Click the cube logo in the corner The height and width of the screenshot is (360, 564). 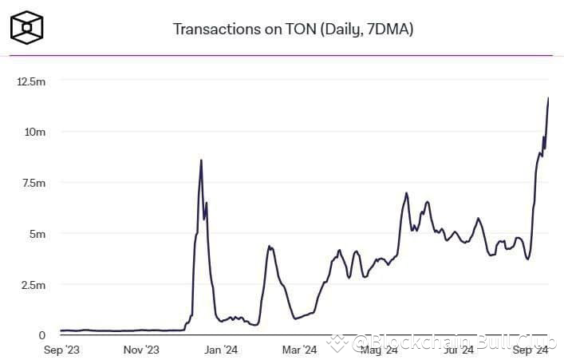27,27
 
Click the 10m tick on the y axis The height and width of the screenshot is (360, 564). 34,132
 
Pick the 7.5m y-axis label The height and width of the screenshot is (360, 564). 33,183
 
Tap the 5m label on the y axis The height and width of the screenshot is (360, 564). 37,234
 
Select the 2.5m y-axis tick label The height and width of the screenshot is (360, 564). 33,285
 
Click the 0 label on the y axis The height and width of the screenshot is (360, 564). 41,335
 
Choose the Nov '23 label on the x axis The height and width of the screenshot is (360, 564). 142,350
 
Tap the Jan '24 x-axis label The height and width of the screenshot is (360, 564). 221,350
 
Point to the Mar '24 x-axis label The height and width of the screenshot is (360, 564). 300,350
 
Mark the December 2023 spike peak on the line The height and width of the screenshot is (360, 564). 201,160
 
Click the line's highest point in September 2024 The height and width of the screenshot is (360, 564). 548,98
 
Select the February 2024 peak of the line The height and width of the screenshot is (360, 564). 270,246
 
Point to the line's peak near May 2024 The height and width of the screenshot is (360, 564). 407,193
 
